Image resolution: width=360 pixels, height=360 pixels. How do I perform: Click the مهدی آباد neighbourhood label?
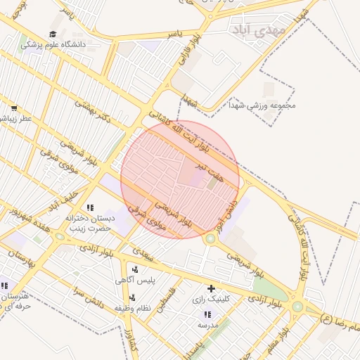click(259, 30)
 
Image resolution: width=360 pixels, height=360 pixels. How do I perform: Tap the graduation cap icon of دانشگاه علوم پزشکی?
click(53, 34)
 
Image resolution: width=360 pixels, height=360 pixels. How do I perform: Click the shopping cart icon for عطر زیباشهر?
click(13, 108)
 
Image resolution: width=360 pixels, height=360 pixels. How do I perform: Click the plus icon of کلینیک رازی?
click(210, 288)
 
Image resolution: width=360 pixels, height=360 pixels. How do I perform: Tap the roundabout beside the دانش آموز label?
click(210, 239)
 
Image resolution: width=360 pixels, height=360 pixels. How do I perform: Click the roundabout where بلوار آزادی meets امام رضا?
click(297, 307)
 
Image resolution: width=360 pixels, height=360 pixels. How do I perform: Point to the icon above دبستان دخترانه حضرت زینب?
click(90, 207)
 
